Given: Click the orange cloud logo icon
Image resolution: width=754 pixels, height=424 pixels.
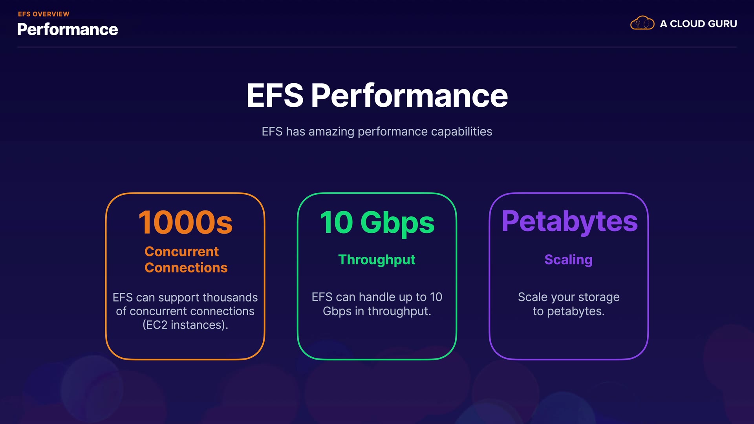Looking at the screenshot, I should click(642, 23).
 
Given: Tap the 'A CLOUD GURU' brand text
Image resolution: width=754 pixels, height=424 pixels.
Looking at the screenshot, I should click(698, 24).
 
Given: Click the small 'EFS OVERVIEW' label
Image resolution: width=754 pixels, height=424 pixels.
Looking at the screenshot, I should click(44, 14).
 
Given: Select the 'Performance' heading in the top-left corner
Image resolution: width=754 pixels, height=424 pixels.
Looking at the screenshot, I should click(68, 30).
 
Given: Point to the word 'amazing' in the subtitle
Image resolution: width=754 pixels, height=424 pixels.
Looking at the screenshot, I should click(331, 132).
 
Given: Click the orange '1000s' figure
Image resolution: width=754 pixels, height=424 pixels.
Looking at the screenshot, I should click(185, 223).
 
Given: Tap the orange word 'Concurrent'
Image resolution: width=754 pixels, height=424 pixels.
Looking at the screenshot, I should click(181, 252).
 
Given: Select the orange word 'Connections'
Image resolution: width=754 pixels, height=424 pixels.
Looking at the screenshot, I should click(186, 268).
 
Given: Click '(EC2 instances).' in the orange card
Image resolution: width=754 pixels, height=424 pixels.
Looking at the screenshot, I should click(185, 325).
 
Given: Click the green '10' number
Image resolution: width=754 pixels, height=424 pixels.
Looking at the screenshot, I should click(337, 223).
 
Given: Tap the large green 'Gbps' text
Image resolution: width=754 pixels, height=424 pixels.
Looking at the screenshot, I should click(397, 223).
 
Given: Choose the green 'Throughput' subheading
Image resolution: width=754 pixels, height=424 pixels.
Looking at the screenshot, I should click(377, 260).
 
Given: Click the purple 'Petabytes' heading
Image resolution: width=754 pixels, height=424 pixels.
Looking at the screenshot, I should click(569, 221).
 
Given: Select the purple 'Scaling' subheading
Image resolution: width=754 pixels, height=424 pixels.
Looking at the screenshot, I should click(568, 260).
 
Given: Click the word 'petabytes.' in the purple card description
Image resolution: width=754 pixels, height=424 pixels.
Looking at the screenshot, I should click(576, 311).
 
